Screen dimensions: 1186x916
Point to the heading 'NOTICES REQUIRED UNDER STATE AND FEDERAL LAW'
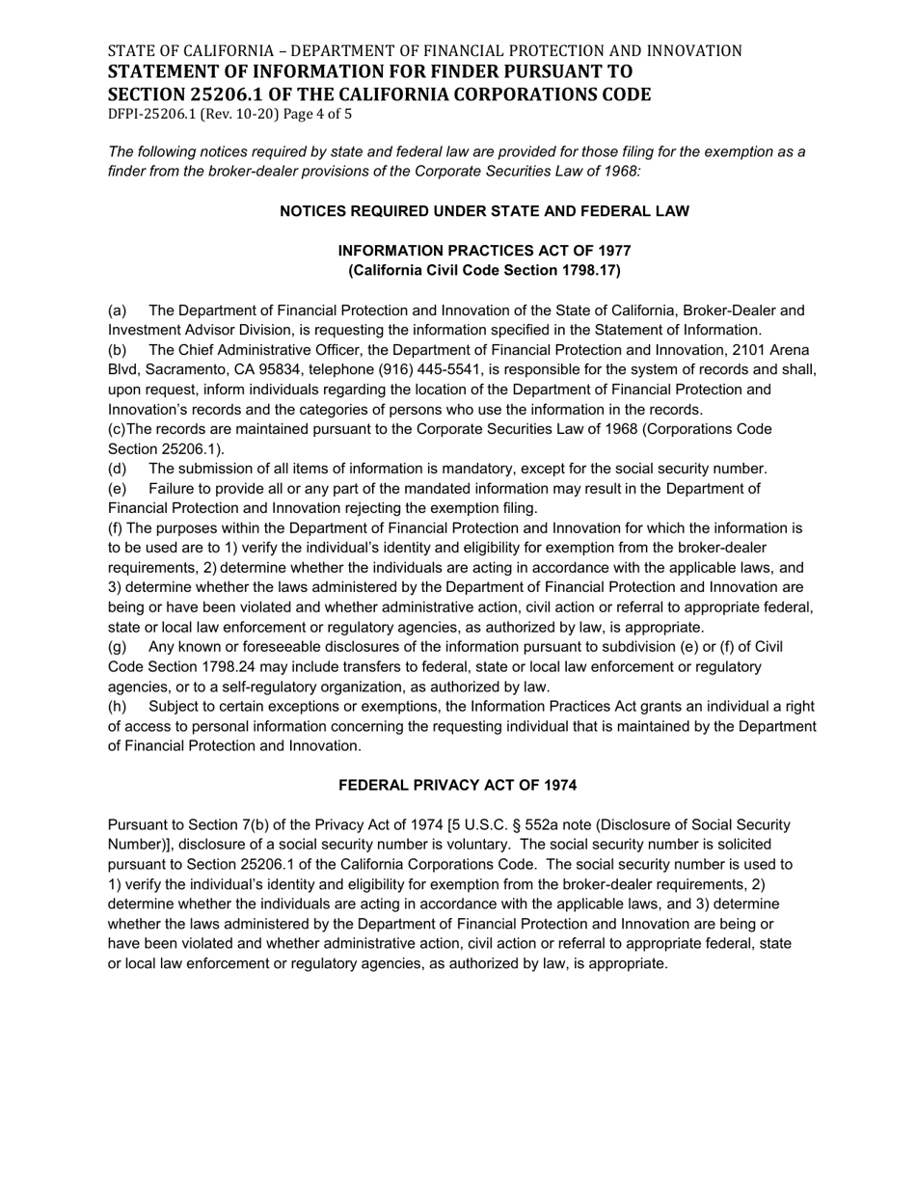[x=484, y=211]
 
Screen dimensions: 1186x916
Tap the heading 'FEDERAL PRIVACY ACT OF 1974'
[x=457, y=786]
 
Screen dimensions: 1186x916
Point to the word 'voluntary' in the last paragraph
[x=477, y=845]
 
